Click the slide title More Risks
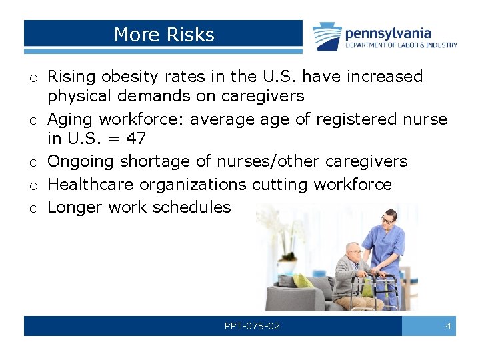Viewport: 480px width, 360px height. coord(164,35)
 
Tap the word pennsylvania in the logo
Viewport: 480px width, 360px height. coord(387,33)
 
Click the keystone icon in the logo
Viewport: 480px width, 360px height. coord(327,36)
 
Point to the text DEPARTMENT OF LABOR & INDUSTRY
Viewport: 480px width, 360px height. coord(401,45)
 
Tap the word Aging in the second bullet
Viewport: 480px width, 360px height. coord(71,119)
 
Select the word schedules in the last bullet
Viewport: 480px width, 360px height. coord(191,207)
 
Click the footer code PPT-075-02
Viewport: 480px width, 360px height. coord(252,326)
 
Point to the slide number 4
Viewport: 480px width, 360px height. coord(448,326)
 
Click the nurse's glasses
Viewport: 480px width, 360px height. coord(387,219)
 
